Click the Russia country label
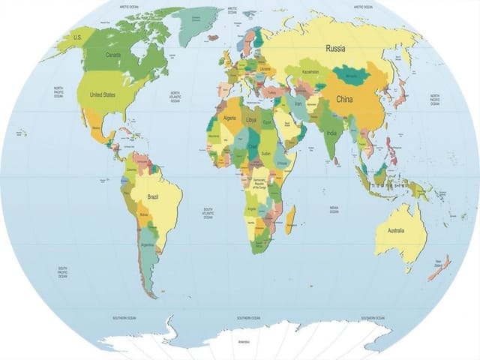(335, 48)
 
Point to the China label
(344, 99)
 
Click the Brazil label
(153, 196)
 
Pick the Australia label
(395, 230)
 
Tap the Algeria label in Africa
(230, 118)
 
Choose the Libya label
(251, 120)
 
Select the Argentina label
(147, 244)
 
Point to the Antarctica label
(244, 342)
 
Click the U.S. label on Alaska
(76, 37)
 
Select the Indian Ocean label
(333, 209)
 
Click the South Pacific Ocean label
(63, 271)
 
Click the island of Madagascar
(289, 219)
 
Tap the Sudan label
(266, 153)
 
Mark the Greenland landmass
(198, 22)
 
